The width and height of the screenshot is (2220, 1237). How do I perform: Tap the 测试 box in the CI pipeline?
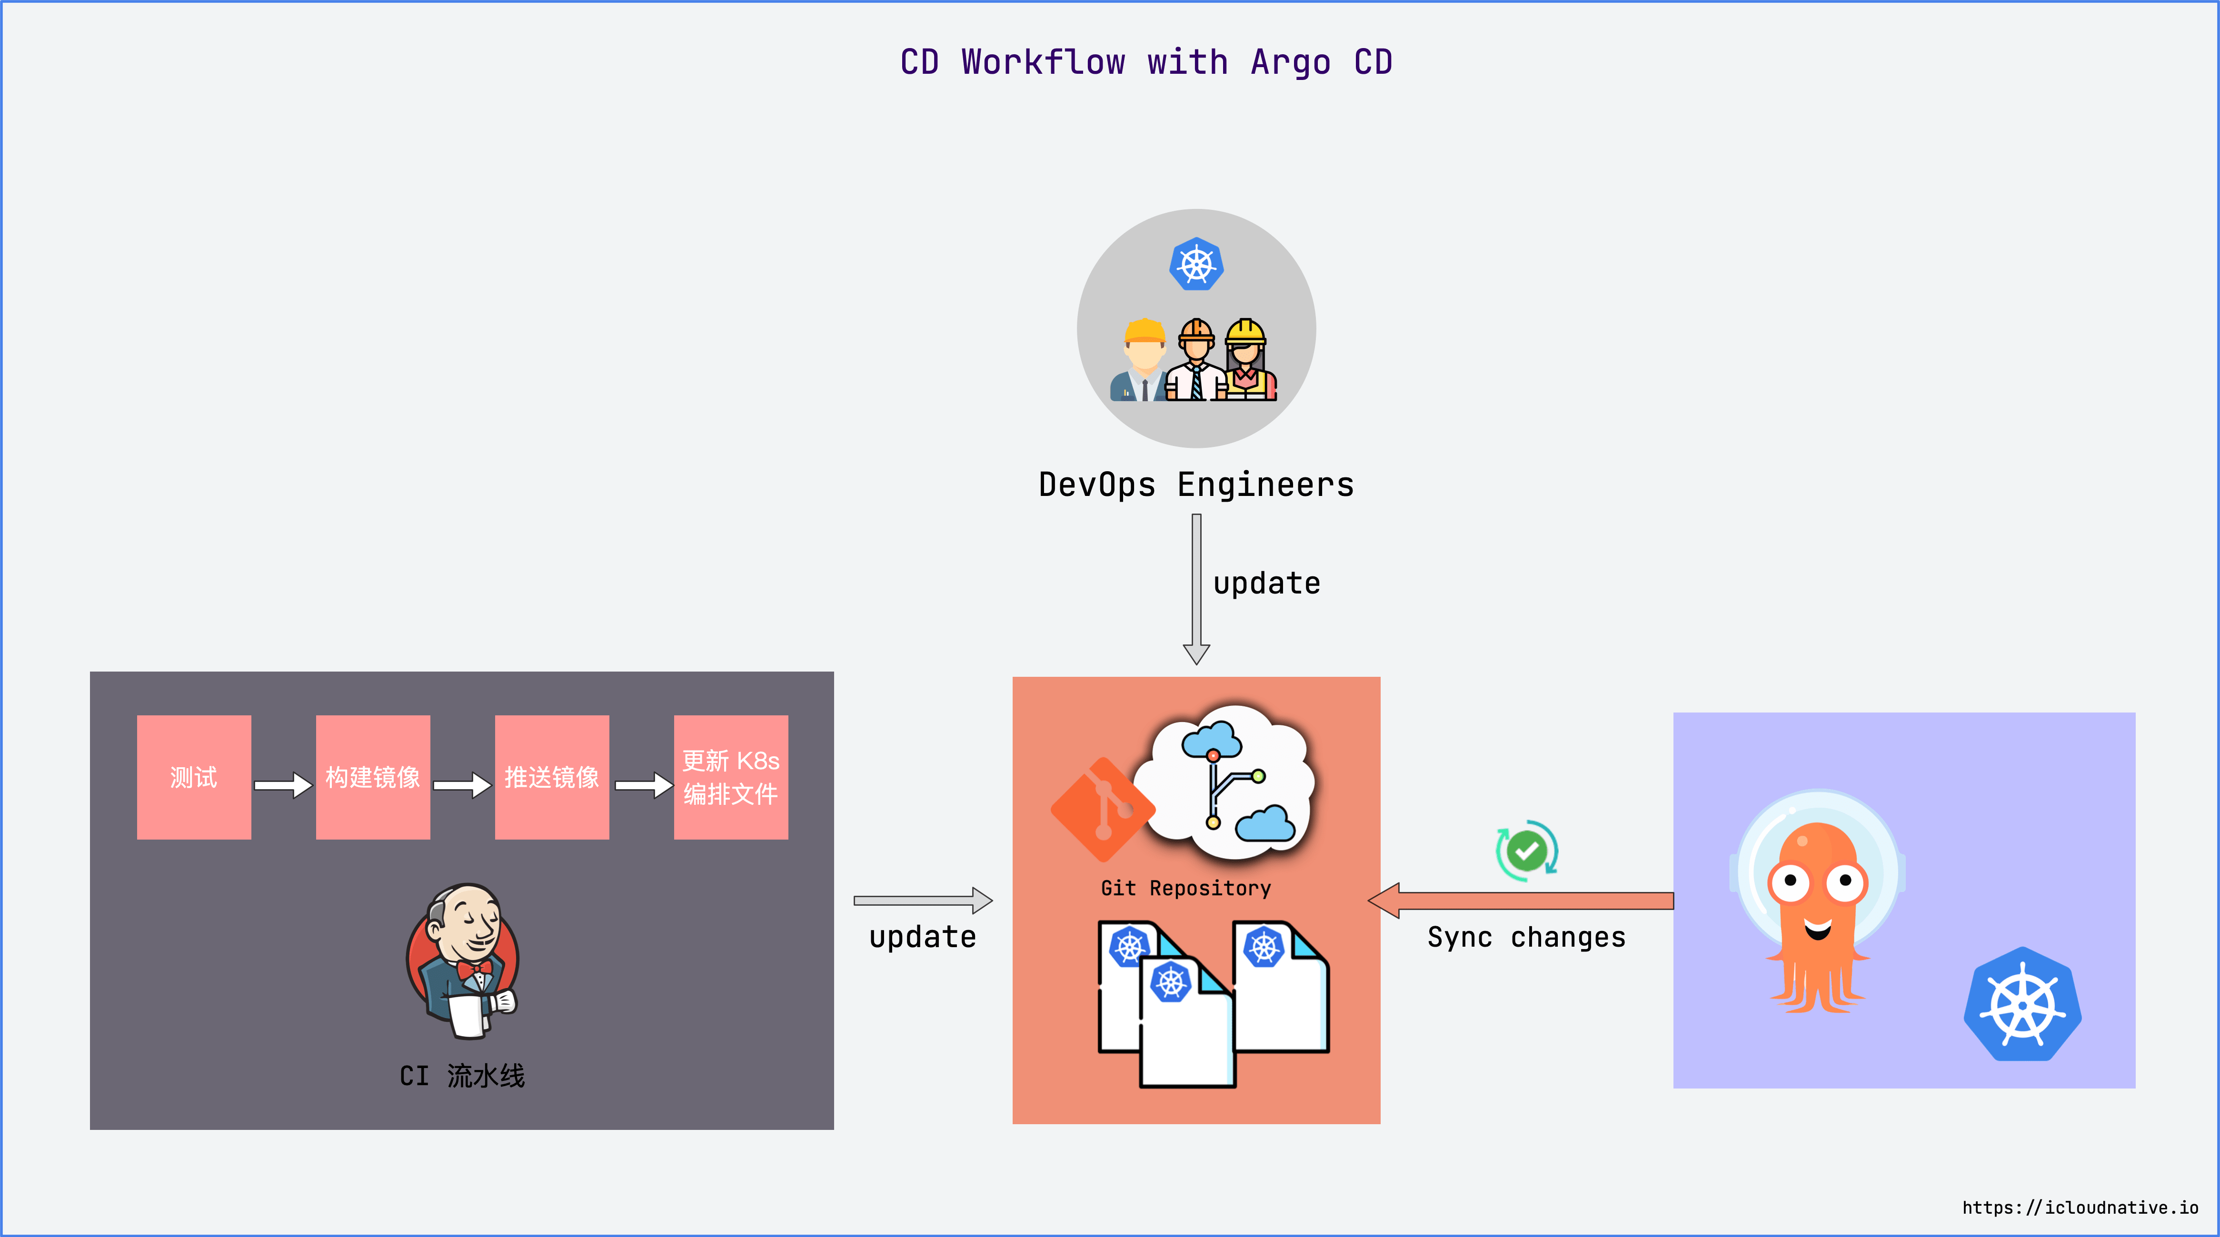click(x=194, y=777)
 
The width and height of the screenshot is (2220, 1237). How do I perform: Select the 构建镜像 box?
click(x=372, y=777)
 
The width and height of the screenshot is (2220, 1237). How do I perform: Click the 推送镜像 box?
click(x=552, y=777)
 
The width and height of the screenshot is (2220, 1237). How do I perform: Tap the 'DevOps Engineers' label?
click(x=1196, y=485)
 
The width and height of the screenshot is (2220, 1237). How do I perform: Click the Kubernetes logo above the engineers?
click(x=1196, y=264)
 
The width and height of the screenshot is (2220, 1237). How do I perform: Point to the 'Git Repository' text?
click(x=1186, y=888)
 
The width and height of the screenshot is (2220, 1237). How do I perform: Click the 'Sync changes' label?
click(x=1526, y=937)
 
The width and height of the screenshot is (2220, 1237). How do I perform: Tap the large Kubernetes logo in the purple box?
click(x=2022, y=1004)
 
